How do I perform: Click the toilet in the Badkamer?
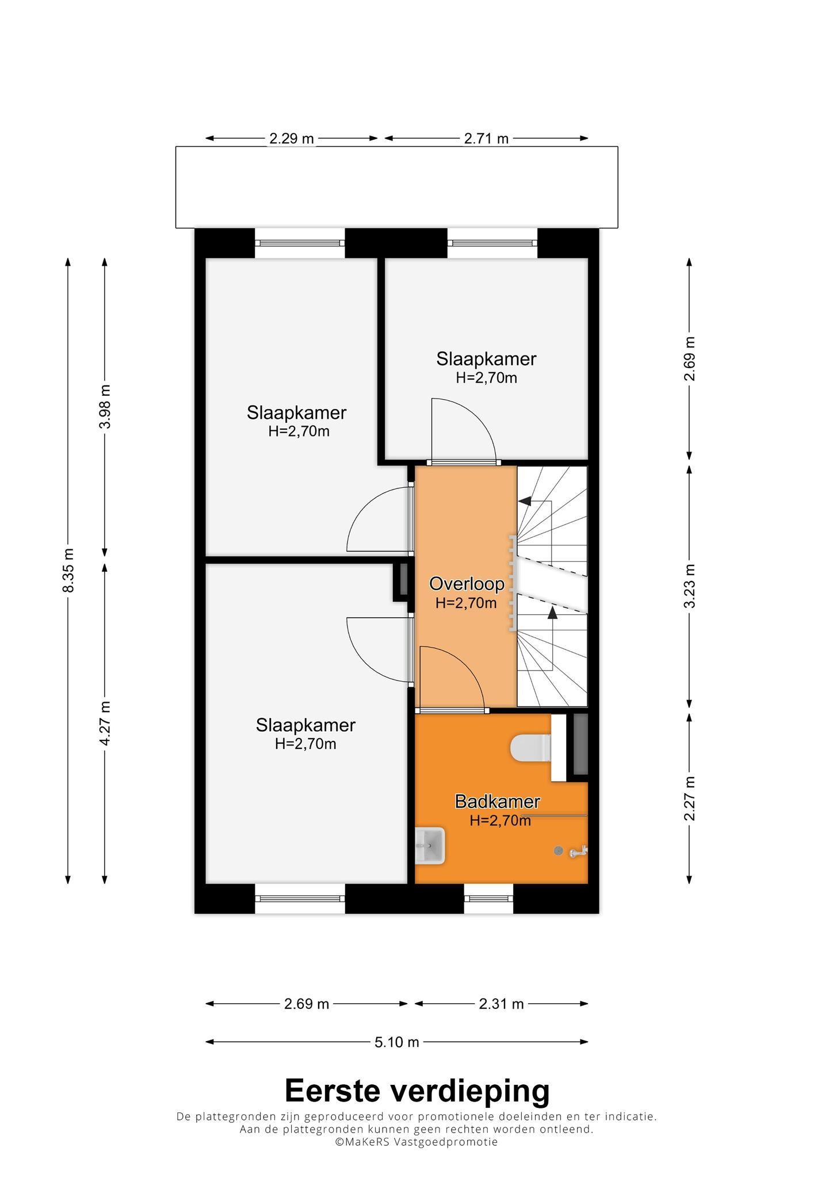click(x=531, y=748)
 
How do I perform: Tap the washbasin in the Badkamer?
click(x=430, y=846)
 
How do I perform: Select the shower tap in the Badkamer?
click(x=578, y=851)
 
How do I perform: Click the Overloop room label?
click(x=467, y=584)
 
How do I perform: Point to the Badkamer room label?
click(x=498, y=801)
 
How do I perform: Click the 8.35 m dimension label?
click(x=68, y=570)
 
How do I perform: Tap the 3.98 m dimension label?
click(x=105, y=406)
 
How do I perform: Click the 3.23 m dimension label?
click(x=690, y=586)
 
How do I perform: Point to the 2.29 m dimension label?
click(x=292, y=139)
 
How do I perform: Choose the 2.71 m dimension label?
click(x=487, y=139)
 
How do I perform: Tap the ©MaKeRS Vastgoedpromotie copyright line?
click(x=417, y=1142)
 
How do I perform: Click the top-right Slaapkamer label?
click(x=486, y=359)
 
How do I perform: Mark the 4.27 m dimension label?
click(x=105, y=723)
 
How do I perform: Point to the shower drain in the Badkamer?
click(x=557, y=851)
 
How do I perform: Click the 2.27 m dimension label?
click(x=690, y=798)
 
